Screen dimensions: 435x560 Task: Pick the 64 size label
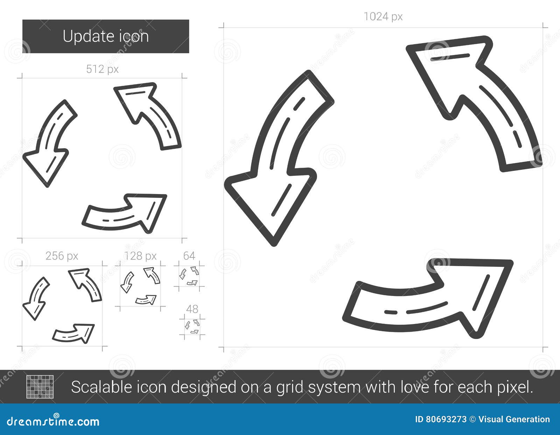tap(189, 256)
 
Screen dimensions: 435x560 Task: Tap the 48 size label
tap(192, 309)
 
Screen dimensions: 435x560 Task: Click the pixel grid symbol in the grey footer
tap(40, 387)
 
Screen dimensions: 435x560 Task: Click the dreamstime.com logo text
tap(53, 421)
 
